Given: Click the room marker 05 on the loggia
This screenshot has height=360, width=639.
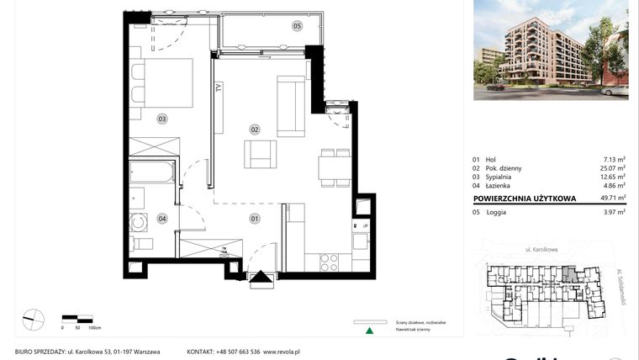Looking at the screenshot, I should pyautogui.click(x=297, y=27).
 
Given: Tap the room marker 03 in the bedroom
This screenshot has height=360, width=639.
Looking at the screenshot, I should pyautogui.click(x=161, y=119).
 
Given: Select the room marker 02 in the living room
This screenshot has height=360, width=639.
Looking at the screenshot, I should pyautogui.click(x=254, y=129).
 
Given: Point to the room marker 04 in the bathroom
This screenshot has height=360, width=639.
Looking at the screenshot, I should pyautogui.click(x=161, y=219).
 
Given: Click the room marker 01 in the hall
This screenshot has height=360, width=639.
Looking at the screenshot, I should pyautogui.click(x=254, y=219).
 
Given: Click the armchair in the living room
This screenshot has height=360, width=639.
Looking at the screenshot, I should pyautogui.click(x=260, y=154).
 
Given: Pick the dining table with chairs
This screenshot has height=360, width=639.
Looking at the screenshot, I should pyautogui.click(x=334, y=167).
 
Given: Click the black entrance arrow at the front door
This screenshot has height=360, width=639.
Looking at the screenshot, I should pyautogui.click(x=261, y=278).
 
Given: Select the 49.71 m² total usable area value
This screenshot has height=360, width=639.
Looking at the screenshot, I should pyautogui.click(x=610, y=199).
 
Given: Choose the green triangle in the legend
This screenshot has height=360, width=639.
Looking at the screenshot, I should pyautogui.click(x=367, y=331).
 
